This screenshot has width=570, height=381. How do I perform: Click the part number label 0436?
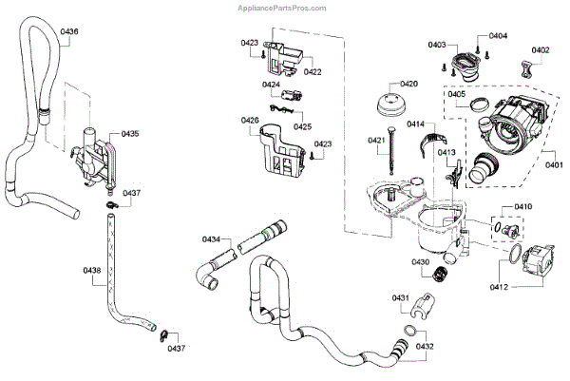tap(69, 32)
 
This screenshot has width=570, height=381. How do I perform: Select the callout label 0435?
tap(129, 134)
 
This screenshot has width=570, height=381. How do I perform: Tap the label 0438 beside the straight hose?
tap(92, 271)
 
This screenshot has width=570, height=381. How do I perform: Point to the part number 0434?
tap(211, 238)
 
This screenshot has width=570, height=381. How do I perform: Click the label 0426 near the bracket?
tap(250, 120)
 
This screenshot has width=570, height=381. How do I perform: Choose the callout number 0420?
tap(409, 84)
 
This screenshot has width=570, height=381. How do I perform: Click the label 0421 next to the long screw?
tap(378, 142)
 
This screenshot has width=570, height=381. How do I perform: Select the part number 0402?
tap(541, 50)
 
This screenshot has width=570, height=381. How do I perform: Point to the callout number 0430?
tap(420, 262)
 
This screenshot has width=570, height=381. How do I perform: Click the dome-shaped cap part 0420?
tap(392, 104)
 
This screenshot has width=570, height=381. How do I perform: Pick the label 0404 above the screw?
tap(499, 36)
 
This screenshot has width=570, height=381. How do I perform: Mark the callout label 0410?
tap(523, 207)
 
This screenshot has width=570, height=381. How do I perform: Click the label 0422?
tap(312, 72)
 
